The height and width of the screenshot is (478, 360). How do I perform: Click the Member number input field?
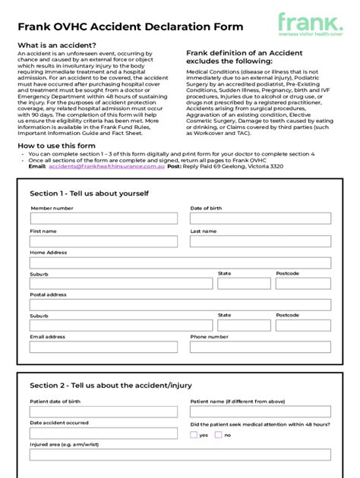[103, 219]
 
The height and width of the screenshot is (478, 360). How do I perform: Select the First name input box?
[103, 241]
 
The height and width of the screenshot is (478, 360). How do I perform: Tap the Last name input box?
[261, 241]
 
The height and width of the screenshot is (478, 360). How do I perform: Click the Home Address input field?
[180, 263]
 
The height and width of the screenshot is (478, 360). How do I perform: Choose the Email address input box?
[103, 347]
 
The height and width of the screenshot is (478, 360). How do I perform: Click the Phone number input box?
[261, 347]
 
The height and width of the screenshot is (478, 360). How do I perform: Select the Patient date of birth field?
[103, 412]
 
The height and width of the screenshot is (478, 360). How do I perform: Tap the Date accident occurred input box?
[103, 433]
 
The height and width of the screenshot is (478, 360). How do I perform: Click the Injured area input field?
[180, 454]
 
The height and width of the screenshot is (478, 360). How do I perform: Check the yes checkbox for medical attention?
[194, 435]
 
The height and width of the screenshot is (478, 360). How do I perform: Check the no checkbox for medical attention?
[219, 435]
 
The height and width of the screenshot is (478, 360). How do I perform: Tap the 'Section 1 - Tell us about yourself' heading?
[89, 193]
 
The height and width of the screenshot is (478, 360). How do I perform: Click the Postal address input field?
[180, 305]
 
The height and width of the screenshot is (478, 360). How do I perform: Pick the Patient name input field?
[261, 412]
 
